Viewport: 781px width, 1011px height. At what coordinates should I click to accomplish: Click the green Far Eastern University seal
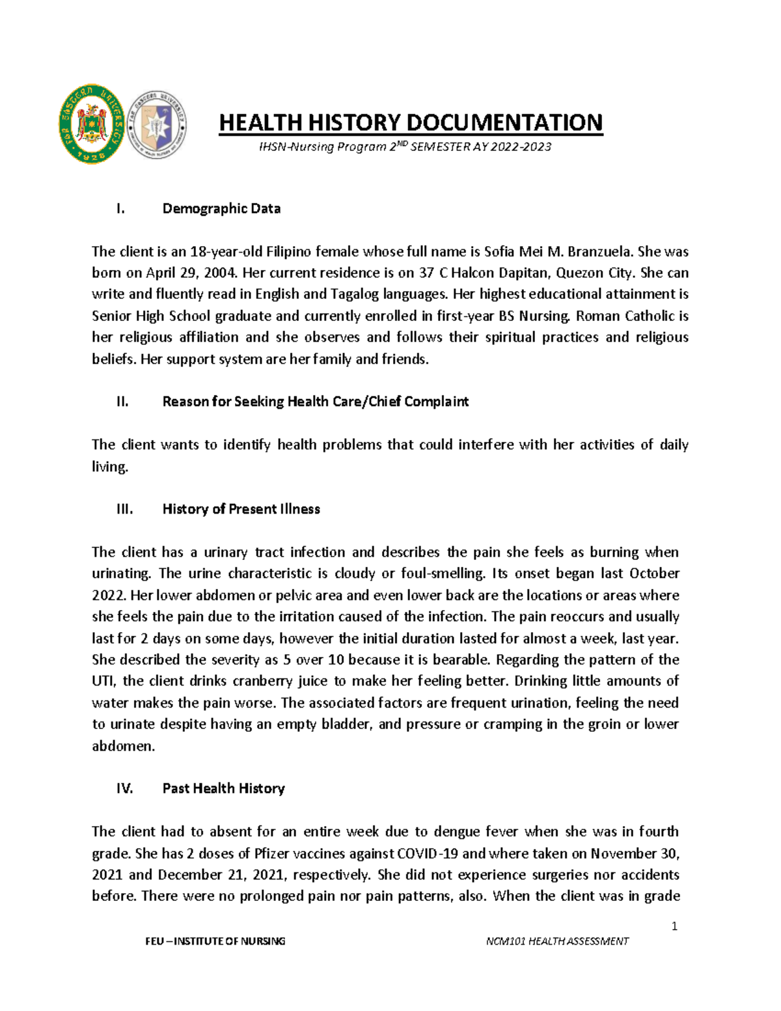91,124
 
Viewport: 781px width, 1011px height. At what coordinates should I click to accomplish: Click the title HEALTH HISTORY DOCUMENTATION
411,122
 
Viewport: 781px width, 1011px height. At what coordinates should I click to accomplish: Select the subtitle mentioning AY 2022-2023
405,147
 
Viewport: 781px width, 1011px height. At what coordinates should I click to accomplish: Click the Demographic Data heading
221,209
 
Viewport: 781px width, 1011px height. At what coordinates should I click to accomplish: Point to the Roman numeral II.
122,402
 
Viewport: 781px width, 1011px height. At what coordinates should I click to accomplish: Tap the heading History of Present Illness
241,509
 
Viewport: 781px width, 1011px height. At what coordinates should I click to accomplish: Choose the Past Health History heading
223,788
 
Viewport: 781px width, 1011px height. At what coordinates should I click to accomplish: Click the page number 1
674,926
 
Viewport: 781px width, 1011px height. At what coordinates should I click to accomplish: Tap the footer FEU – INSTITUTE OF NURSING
215,941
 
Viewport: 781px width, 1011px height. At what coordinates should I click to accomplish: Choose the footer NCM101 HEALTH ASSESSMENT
557,941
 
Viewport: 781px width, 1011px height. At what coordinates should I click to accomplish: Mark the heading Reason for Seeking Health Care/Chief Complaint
315,402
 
